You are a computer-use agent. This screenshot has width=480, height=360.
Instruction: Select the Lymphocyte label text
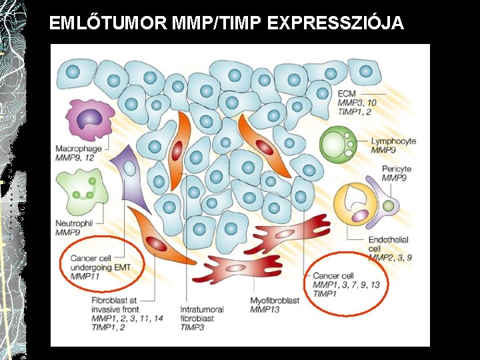point(393,141)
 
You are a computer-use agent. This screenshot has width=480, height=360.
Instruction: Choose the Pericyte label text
point(397,169)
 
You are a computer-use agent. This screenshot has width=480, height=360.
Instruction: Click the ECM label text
point(347,93)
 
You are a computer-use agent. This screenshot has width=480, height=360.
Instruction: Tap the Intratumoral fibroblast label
point(201,314)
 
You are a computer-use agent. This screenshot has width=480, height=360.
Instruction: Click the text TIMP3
point(193,327)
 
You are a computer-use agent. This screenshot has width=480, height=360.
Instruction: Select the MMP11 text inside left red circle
point(85,276)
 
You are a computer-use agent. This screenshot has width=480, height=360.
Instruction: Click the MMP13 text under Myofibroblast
point(265,309)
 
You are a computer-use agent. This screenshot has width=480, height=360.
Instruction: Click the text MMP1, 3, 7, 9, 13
point(346,285)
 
